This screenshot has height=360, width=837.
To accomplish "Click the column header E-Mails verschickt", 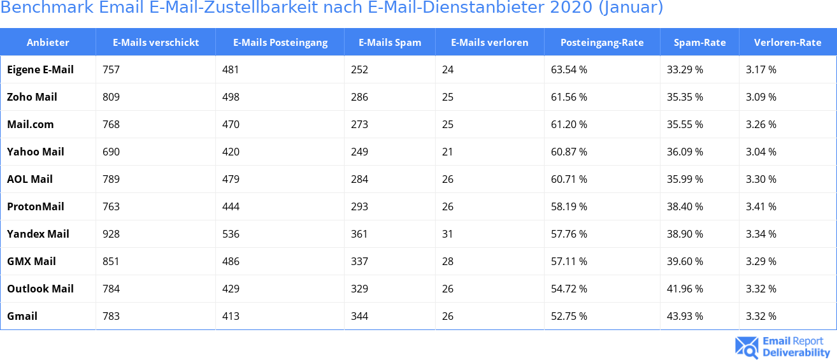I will click(155, 43).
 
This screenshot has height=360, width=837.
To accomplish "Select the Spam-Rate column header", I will click(699, 43).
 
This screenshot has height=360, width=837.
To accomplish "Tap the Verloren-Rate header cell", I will click(787, 43).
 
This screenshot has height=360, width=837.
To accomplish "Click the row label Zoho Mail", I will click(32, 97).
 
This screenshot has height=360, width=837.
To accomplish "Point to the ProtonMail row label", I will click(35, 206).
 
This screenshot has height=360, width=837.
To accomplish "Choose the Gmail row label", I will click(22, 316).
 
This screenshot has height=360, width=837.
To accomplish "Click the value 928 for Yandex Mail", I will click(111, 234).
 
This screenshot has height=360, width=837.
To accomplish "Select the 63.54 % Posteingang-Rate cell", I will click(569, 69).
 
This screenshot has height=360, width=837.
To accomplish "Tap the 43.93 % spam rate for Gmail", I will click(685, 316).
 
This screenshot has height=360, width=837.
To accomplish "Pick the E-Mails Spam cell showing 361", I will click(359, 234).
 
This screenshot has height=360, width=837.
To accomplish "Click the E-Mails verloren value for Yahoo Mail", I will click(447, 152).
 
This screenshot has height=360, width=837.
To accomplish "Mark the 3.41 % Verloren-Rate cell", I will click(761, 206).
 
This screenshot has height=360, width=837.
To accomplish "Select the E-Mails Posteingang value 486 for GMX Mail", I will click(231, 261).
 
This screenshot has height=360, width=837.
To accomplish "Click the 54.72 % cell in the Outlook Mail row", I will click(569, 289).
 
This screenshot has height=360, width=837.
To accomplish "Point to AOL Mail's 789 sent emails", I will click(111, 179).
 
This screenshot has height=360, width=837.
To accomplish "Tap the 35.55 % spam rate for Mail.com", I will click(685, 124).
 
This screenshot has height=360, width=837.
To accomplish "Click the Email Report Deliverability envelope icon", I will click(747, 347).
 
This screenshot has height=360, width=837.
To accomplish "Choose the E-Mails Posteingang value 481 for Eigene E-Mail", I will click(231, 69).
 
